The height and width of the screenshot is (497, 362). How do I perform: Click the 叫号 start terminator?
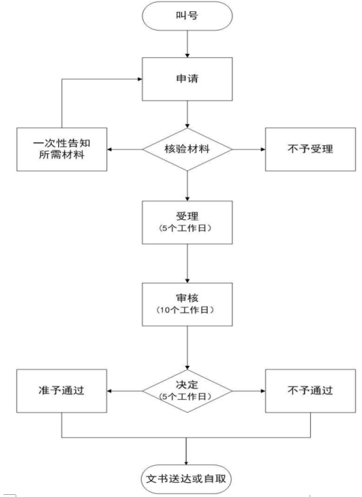tap(187, 16)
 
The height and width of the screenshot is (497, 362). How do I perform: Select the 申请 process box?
tap(187, 79)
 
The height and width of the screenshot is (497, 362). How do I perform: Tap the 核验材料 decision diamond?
tap(187, 150)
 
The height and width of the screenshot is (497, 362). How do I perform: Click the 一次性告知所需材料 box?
tap(62, 150)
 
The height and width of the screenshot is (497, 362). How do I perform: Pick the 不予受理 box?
tap(310, 150)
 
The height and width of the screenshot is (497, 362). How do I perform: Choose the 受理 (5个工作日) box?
tap(187, 222)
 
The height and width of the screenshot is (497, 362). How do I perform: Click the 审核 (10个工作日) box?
tap(187, 304)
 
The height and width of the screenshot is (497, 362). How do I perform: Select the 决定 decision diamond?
tap(187, 391)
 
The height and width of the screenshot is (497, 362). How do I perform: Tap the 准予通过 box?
tap(62, 391)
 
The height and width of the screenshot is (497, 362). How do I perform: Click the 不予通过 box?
tap(310, 391)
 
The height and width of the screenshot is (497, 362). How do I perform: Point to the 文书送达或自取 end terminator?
tap(186, 479)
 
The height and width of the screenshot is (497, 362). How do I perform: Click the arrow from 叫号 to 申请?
tap(187, 44)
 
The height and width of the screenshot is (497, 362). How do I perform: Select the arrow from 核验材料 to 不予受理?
tap(249, 150)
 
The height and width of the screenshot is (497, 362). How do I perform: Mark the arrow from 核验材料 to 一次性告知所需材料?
tap(125, 150)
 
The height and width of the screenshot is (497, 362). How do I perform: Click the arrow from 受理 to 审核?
tap(187, 264)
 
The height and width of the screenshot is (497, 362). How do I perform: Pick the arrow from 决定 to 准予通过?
tap(125, 391)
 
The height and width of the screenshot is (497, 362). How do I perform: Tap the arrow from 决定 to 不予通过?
tap(249, 391)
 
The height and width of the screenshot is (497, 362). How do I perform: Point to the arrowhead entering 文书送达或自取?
tap(186, 463)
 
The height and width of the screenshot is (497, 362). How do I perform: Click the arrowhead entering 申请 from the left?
tap(140, 79)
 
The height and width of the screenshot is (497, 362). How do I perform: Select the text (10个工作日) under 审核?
tap(186, 310)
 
